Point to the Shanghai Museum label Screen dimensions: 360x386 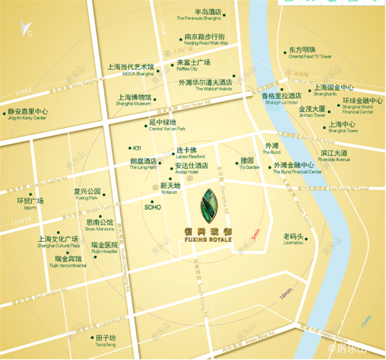(133, 100)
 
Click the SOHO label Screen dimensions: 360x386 (152, 208)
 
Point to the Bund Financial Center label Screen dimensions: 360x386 (297, 168)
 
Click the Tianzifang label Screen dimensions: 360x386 (104, 340)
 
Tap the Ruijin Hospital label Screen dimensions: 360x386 (104, 248)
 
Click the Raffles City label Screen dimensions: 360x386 (194, 66)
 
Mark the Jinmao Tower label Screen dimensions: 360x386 (313, 112)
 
